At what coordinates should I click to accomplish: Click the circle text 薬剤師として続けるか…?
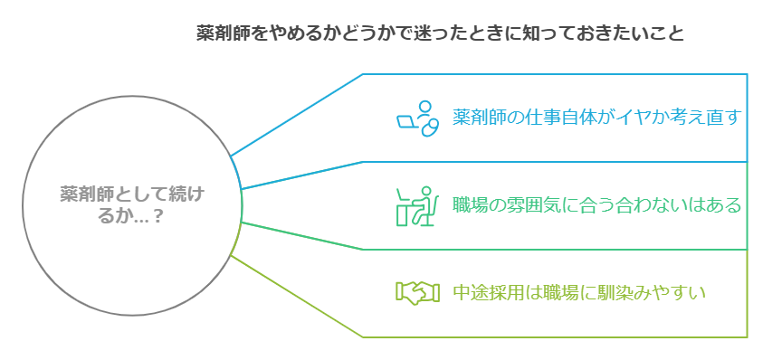(x=132, y=205)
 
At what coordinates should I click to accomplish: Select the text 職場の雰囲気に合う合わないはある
(x=596, y=205)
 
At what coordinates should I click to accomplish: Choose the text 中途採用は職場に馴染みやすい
(x=578, y=292)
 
